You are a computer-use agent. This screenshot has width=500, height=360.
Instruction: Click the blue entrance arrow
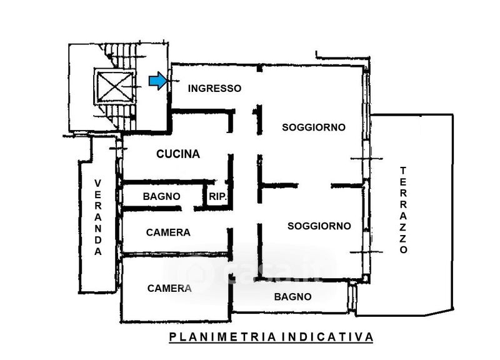click(158, 81)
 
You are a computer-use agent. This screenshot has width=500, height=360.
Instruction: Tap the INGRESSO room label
click(214, 88)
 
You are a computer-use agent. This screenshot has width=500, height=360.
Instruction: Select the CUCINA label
click(178, 154)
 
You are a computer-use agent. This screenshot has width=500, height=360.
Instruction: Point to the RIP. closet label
click(217, 196)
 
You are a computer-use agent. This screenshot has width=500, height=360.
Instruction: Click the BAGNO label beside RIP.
click(161, 196)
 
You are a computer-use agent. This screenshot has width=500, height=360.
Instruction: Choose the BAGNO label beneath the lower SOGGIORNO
click(292, 297)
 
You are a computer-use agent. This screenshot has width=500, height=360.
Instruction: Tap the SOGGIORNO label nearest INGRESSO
click(314, 127)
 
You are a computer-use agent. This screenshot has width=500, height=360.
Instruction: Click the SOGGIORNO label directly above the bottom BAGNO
click(319, 226)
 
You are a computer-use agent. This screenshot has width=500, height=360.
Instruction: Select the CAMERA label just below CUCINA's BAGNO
click(168, 232)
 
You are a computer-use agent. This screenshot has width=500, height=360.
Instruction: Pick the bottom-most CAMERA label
click(169, 288)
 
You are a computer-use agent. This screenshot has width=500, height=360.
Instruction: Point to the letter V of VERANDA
click(97, 182)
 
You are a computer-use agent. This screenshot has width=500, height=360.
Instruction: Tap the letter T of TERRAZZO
click(403, 170)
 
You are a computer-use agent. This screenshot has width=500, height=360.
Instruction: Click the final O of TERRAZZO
click(403, 249)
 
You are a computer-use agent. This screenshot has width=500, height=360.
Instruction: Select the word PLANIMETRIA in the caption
click(222, 337)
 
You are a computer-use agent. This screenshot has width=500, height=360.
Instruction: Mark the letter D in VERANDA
click(97, 241)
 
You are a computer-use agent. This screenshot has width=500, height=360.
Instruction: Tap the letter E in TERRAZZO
click(403, 181)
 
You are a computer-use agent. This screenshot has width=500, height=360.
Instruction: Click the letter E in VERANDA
click(97, 194)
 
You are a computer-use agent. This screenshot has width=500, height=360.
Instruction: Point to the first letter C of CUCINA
click(161, 154)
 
